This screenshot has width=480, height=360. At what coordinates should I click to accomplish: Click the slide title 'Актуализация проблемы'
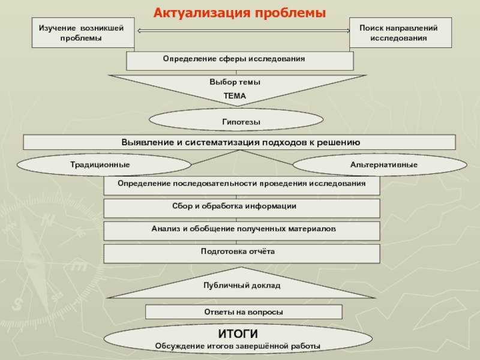coord(240,13)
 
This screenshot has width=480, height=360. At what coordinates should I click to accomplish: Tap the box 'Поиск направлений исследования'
coord(398,33)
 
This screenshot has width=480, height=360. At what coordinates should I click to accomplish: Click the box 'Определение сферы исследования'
coord(239,61)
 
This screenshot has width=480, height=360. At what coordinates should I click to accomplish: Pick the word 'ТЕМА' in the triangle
coord(235,96)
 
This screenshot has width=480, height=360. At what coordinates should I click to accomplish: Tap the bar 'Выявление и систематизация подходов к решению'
coord(239,142)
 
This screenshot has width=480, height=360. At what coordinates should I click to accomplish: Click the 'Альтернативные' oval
coord(384,164)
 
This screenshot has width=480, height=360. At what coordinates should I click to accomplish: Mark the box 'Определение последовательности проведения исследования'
coord(242,185)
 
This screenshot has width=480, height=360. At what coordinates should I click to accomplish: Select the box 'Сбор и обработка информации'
coord(242,208)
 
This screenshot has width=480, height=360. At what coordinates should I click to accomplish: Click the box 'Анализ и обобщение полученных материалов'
coord(242,230)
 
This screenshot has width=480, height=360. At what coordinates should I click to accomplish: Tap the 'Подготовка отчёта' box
coord(242,253)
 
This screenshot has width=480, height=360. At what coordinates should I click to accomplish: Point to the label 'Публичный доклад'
coord(241,286)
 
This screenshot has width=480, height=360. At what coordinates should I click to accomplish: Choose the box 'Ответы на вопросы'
coord(244,312)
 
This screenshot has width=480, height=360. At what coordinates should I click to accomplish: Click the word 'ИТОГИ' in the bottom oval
coord(237,334)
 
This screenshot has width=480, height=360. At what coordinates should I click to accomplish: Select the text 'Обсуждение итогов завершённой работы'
coord(238,346)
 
